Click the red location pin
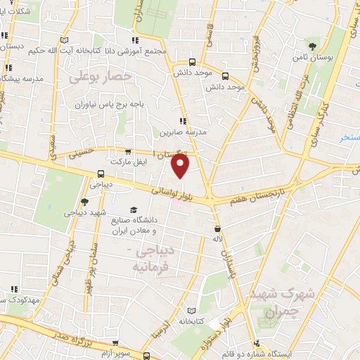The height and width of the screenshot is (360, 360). click(x=181, y=167)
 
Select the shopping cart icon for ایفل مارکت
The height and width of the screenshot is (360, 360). click(x=127, y=150)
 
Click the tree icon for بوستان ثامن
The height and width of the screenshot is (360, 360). click(x=323, y=48)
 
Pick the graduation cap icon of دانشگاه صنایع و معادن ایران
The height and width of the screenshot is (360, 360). click(x=133, y=211)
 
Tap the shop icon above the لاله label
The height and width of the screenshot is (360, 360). click(x=217, y=229)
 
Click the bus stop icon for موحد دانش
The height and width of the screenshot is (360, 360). click(x=225, y=77)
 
